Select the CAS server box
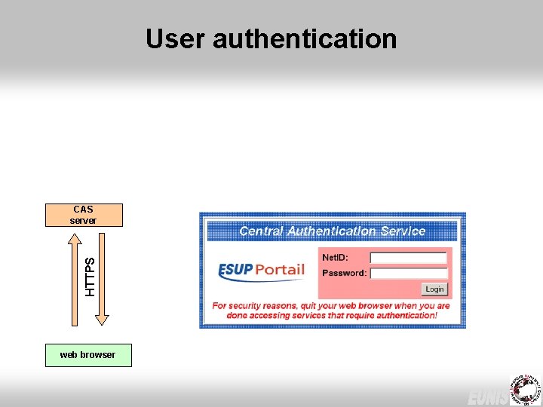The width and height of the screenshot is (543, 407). tap(83, 215)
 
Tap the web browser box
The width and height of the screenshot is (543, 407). tap(88, 355)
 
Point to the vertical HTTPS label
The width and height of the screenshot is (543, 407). tap(90, 276)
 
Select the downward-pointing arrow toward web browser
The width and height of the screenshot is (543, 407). tap(102, 279)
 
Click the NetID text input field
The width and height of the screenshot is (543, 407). tap(409, 258)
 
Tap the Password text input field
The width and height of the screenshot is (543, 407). tap(409, 273)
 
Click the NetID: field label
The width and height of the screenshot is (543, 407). tap(335, 258)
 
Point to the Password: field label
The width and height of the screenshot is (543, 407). tap(344, 273)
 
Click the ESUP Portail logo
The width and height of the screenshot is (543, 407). tap(261, 271)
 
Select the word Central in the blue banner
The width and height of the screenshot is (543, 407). tap(262, 231)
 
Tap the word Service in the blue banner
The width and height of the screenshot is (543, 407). tap(402, 231)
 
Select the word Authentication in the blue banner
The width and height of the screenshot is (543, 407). tap(332, 231)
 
